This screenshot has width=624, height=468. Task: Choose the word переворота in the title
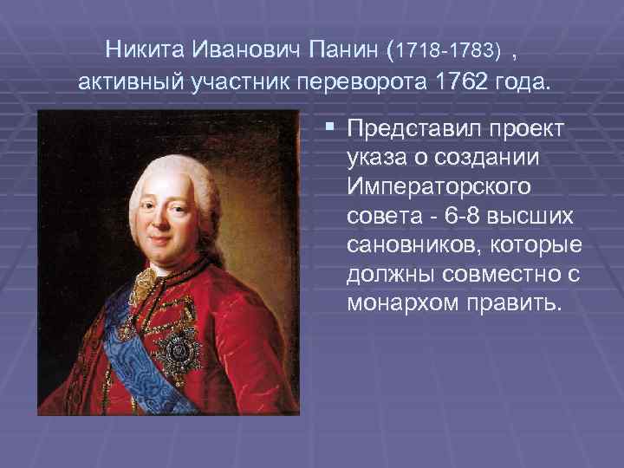click(x=360, y=85)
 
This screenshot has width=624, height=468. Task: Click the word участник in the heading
click(x=235, y=85)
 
